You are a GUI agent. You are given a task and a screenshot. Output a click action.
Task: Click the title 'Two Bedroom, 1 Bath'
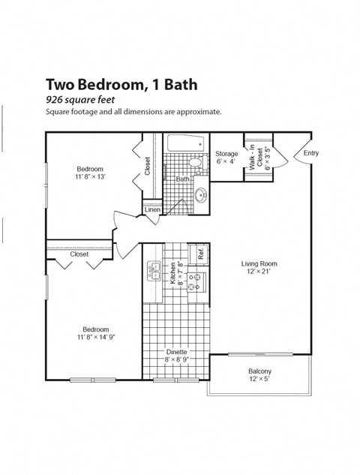coord(121,84)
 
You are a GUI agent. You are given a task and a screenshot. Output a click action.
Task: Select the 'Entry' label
coord(310,153)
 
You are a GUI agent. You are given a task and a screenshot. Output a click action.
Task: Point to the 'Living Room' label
coord(259,263)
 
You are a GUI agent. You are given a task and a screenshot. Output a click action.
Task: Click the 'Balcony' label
coord(259,372)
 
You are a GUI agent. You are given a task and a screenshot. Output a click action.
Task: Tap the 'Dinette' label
coord(177,352)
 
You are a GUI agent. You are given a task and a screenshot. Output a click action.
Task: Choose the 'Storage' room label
coord(226,154)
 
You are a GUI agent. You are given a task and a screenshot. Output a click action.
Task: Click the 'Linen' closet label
coord(153,209)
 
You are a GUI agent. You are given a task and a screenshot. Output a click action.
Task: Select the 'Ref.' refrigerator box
coord(201,254)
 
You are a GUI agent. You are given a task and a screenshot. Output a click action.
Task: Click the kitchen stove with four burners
coord(195,281)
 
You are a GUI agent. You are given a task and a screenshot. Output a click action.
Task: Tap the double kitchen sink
coord(154,270)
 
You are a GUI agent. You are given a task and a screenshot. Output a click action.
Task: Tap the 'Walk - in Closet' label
coord(256,158)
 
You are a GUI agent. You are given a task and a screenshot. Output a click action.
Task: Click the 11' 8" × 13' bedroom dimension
coord(89,177)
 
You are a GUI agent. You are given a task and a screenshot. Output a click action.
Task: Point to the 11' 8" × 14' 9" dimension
coord(95,338)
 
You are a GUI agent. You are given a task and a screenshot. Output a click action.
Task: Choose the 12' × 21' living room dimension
coord(259,272)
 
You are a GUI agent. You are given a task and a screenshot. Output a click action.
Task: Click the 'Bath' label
coord(182,179)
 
